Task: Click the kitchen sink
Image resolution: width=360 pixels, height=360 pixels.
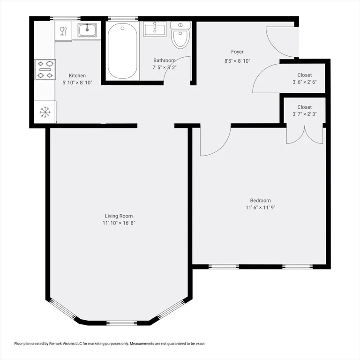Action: point(87,30)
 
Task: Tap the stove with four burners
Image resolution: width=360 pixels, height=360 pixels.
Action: point(45,69)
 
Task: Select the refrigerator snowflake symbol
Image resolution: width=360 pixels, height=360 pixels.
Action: point(45,112)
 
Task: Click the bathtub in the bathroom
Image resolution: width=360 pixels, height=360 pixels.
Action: point(122,51)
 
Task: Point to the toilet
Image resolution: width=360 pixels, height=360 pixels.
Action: point(180,36)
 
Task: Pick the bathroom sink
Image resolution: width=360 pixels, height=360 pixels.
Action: point(155,30)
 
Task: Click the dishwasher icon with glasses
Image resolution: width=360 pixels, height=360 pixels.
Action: point(63,31)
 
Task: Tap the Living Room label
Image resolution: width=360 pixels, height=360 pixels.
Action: point(119,216)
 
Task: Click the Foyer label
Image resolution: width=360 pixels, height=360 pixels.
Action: point(237,52)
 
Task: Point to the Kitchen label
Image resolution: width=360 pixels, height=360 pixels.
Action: point(77,76)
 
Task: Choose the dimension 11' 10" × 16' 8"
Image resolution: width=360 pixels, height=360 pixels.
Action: point(119,223)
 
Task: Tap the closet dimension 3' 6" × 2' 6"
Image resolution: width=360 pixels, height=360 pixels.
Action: point(304,82)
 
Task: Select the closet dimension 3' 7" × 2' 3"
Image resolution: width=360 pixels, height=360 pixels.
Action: point(304,114)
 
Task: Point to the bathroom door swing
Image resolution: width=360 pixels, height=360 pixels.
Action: point(178,70)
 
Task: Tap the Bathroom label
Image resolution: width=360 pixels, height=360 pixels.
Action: point(165,60)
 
